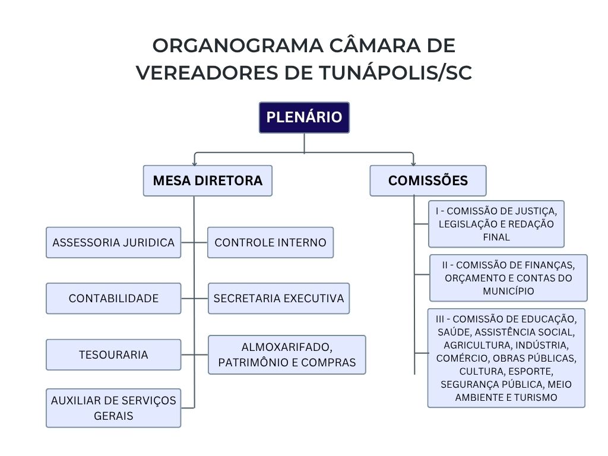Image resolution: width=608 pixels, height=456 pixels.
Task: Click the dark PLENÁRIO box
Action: [304, 118]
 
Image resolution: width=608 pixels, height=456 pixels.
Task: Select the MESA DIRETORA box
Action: [207, 180]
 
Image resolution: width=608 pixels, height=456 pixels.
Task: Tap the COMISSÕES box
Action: [427, 180]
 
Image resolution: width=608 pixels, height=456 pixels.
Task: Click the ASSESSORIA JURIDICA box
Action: [113, 242]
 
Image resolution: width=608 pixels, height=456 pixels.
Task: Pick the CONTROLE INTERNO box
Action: [270, 242]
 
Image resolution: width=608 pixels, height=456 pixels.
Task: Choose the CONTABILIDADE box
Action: [113, 298]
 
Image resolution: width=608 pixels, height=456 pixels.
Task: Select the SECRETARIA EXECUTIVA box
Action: [278, 298]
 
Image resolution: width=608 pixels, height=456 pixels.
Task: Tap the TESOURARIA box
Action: [113, 354]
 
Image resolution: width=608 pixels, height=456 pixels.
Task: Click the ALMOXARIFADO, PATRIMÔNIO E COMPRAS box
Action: [287, 354]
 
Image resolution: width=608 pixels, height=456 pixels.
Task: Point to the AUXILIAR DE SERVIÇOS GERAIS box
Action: [113, 408]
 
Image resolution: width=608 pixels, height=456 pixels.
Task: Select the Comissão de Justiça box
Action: [496, 224]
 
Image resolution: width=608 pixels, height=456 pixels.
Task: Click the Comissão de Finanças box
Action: [508, 278]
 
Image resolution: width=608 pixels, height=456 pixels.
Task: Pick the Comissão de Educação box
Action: [506, 358]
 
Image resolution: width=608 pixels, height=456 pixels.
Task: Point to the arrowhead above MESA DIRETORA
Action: [194, 163]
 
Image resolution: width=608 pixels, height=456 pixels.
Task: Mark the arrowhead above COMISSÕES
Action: [413, 163]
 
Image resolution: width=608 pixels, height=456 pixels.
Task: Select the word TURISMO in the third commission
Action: [536, 398]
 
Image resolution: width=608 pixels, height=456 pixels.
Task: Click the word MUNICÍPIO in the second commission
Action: [508, 291]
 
